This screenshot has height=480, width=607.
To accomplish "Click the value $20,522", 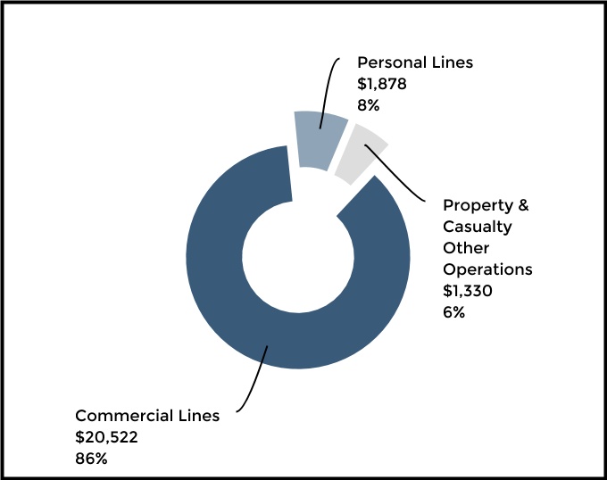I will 106,437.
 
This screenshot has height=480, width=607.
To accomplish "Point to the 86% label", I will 91,459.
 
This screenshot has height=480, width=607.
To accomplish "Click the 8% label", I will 369,105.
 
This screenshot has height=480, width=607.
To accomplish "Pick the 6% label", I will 454,312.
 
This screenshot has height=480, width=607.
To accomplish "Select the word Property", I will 478,205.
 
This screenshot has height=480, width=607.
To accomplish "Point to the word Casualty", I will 478,227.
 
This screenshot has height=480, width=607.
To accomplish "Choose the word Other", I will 465,248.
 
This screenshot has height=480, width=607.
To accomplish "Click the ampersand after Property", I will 524,205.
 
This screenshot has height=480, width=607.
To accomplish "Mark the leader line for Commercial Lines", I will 254,375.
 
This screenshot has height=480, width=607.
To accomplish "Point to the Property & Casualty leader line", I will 402,174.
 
